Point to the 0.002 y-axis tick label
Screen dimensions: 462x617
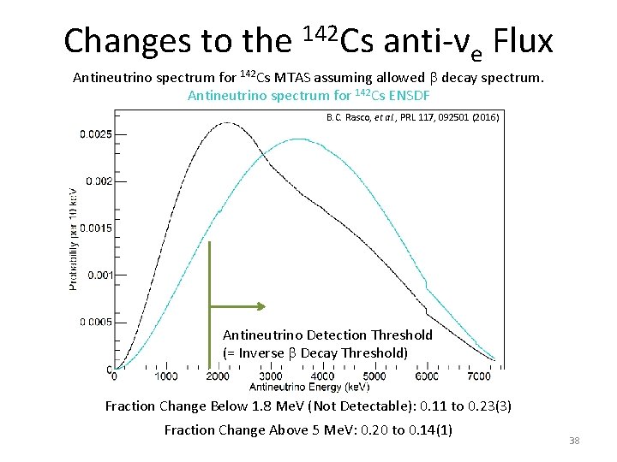click(x=99, y=181)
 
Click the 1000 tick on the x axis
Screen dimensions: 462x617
click(x=165, y=376)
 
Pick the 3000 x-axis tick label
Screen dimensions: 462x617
click(x=270, y=376)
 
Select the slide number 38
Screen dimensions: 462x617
click(x=574, y=441)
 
